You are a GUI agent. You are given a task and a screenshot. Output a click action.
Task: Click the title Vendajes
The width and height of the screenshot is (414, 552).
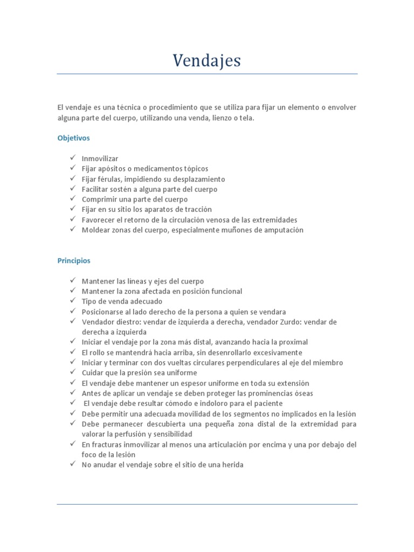[207, 61]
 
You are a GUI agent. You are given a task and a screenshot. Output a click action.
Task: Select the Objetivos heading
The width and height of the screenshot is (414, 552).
[73, 138]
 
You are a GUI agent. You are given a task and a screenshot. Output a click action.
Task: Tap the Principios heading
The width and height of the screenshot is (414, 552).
[74, 261]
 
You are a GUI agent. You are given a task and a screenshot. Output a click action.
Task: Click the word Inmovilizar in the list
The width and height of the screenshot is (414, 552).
[100, 159]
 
